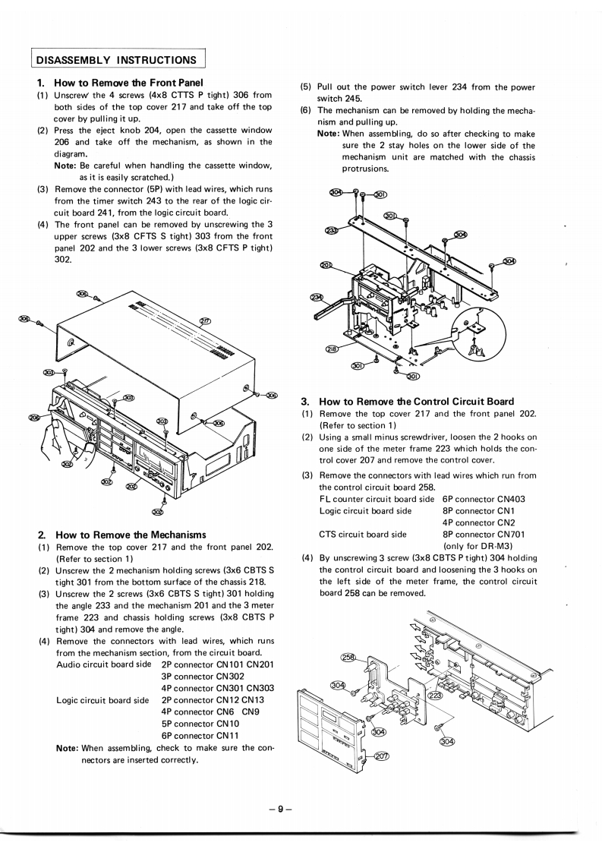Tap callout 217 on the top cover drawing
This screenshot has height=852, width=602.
click(x=205, y=320)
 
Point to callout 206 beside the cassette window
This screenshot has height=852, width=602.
click(x=33, y=418)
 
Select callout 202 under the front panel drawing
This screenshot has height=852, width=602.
click(x=131, y=486)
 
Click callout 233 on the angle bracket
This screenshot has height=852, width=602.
click(x=332, y=231)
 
